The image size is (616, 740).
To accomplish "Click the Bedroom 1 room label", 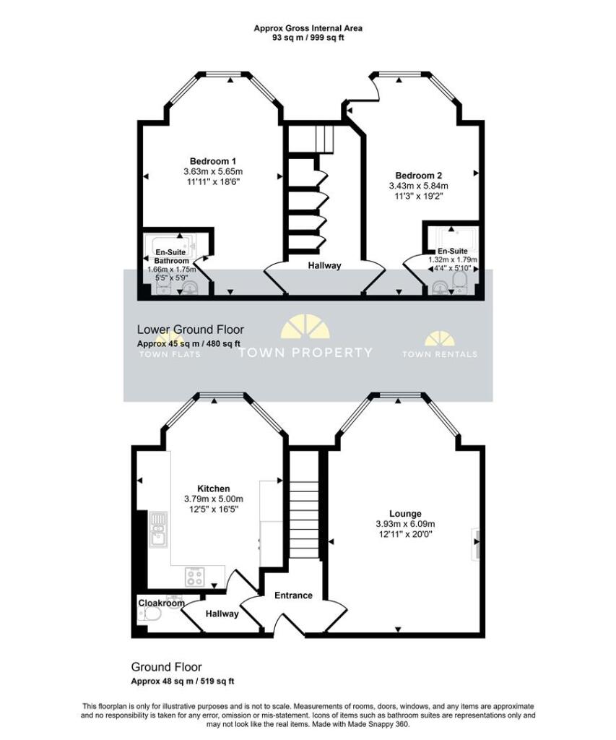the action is click(213, 161).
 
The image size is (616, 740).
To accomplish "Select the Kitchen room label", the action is click(214, 489).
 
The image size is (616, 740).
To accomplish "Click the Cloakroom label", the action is click(161, 603).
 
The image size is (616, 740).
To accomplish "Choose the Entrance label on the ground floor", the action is click(293, 595).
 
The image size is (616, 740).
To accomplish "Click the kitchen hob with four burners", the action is click(195, 576).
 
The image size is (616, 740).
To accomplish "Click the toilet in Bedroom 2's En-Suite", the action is click(459, 282).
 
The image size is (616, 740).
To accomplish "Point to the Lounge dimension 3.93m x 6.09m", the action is click(405, 523).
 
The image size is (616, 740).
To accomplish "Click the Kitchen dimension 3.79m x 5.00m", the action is click(214, 499).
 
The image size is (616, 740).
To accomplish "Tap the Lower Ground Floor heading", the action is click(191, 330).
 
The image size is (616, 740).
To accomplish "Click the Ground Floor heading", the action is click(167, 667).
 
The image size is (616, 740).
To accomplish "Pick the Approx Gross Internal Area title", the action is click(308, 28).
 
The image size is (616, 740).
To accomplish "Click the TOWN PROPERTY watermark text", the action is click(305, 353).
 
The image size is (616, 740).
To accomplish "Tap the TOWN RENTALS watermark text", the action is click(440, 354).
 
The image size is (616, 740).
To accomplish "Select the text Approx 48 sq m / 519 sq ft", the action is click(183, 681).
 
